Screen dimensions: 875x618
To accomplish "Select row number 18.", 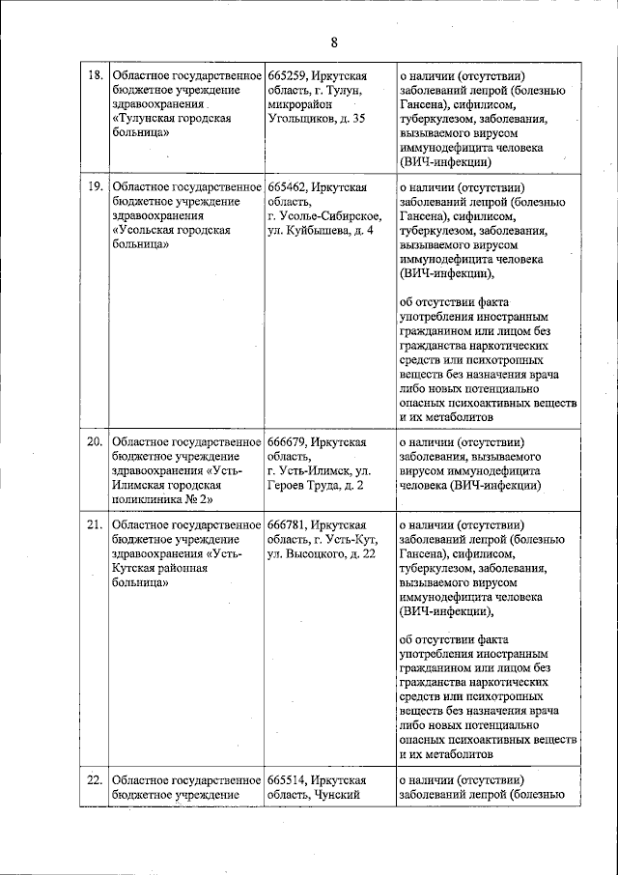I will (x=95, y=75).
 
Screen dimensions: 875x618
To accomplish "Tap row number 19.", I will (x=95, y=186).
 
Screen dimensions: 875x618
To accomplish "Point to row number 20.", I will (x=95, y=442).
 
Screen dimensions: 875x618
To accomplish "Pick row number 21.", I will (x=95, y=524).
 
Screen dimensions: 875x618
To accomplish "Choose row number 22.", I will (x=95, y=780).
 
